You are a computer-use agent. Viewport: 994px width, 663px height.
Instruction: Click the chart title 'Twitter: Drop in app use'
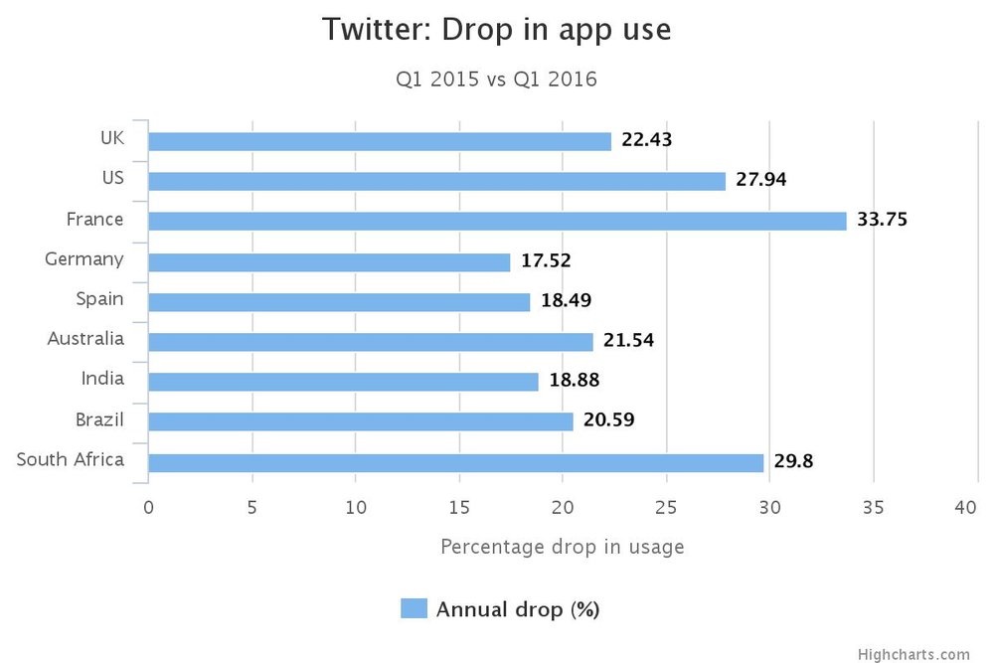click(496, 30)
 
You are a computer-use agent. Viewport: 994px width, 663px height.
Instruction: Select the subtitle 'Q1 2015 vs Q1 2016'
click(496, 80)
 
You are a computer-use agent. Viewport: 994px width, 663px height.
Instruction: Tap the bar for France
click(497, 221)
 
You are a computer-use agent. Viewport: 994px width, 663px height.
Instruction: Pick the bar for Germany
click(329, 261)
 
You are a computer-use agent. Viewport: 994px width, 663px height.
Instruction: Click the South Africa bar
click(455, 462)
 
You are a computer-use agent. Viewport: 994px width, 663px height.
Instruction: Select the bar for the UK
click(380, 141)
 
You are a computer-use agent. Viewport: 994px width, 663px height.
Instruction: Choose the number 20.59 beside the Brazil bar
click(609, 420)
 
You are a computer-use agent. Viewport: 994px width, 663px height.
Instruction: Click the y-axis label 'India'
click(102, 378)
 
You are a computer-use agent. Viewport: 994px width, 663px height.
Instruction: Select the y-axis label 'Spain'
click(99, 298)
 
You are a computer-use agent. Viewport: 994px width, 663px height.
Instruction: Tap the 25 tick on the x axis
click(666, 508)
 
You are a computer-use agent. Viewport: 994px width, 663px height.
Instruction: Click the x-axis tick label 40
click(965, 508)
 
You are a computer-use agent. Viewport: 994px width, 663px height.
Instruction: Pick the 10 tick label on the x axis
click(356, 508)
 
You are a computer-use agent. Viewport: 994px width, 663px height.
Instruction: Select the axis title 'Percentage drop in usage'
click(562, 547)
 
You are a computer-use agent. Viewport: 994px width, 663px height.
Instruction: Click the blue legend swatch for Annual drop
click(414, 608)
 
